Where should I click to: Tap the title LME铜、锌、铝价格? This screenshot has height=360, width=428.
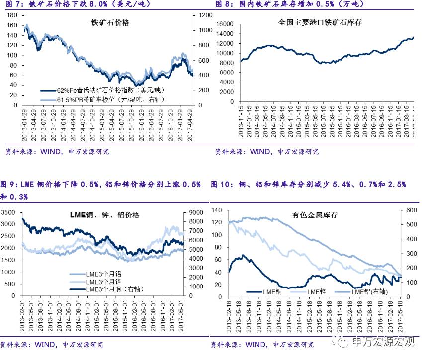tap(104, 215)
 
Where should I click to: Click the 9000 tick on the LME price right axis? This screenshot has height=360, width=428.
tap(194, 212)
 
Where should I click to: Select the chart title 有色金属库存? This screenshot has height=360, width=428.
tap(314, 215)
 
